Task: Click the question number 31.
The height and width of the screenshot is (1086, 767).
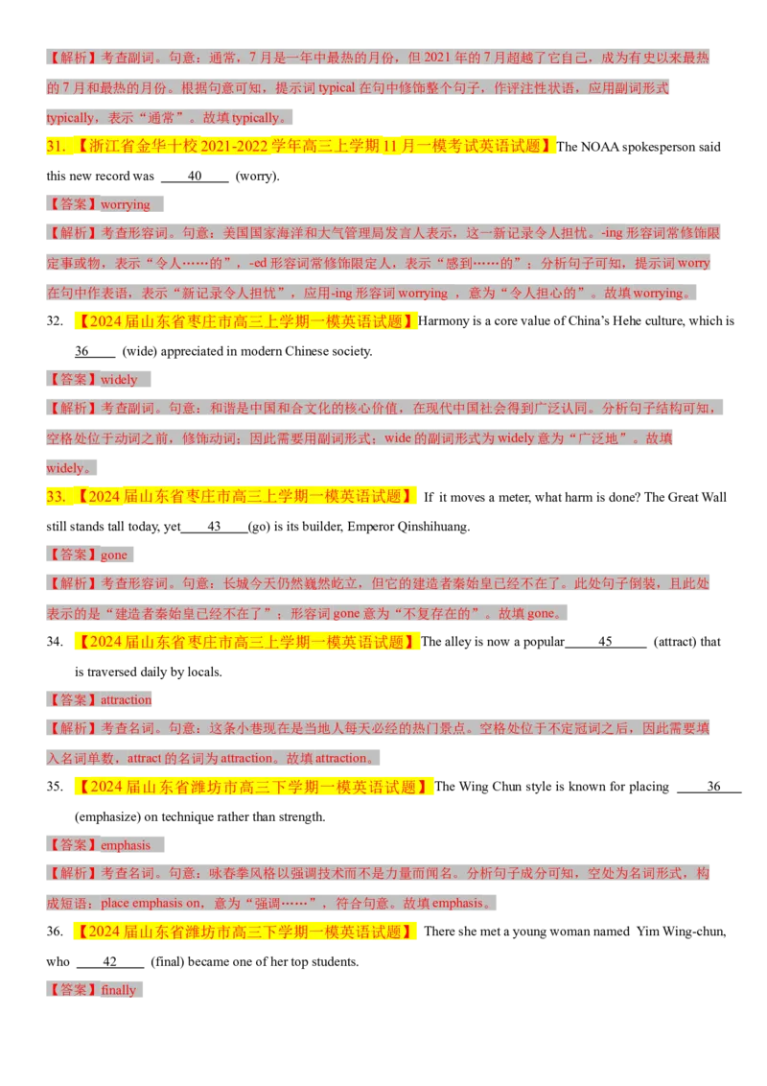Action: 56,146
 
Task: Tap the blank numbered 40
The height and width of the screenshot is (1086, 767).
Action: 195,176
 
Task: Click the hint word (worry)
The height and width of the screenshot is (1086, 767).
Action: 258,176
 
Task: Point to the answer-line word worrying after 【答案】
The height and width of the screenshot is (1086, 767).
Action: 126,204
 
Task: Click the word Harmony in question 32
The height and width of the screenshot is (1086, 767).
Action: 443,321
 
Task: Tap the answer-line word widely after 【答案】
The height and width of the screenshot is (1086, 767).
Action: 119,380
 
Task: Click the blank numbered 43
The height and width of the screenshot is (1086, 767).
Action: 214,527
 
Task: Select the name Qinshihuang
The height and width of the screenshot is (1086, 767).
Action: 433,527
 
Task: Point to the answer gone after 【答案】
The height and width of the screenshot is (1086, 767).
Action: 113,555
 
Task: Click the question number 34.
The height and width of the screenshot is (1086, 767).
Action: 55,642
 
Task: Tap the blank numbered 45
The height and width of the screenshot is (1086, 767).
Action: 606,642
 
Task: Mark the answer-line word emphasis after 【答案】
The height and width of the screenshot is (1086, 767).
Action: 126,845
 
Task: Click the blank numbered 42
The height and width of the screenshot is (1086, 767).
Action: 110,962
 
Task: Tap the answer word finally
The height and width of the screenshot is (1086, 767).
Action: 118,990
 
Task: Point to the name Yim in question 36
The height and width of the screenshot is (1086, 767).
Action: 648,932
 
